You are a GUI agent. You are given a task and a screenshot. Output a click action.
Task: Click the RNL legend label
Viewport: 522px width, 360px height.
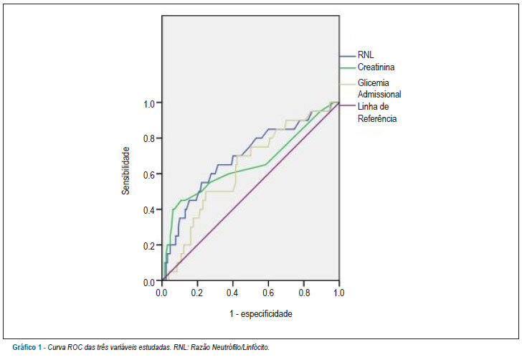(366, 55)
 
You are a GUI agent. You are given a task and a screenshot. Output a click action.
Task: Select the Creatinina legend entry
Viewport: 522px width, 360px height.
(376, 67)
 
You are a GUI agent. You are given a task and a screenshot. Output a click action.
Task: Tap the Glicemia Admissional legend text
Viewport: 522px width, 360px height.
(379, 89)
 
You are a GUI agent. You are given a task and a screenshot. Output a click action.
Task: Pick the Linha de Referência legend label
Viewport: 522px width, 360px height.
(377, 113)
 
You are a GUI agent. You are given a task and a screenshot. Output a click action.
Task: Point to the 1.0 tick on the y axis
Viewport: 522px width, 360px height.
(149, 104)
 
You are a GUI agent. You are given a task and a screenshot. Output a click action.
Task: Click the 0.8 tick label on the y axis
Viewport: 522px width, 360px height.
(149, 138)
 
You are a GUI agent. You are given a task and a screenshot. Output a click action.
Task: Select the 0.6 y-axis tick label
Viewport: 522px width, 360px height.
(149, 174)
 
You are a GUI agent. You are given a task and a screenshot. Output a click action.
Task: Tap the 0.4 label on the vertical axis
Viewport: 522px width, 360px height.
(149, 210)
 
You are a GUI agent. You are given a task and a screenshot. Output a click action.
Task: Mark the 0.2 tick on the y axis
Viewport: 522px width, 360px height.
(149, 246)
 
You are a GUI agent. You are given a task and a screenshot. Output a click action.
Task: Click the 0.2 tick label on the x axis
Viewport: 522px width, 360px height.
(197, 293)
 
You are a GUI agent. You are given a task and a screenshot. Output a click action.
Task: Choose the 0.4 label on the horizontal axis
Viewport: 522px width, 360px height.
(232, 293)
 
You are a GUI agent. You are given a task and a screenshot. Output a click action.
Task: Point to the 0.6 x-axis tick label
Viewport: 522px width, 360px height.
(268, 293)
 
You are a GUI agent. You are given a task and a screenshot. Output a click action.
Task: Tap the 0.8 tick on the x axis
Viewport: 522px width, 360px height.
(304, 293)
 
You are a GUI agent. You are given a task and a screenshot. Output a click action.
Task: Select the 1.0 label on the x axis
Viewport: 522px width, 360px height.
(338, 293)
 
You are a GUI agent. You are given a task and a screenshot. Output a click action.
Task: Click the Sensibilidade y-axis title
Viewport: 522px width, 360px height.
(125, 171)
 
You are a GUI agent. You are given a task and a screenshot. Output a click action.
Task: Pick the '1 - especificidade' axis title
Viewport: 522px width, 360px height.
(261, 314)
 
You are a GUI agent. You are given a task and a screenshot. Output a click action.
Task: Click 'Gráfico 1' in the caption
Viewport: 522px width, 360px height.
(27, 348)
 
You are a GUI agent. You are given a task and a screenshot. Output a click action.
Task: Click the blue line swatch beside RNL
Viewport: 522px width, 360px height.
(348, 56)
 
